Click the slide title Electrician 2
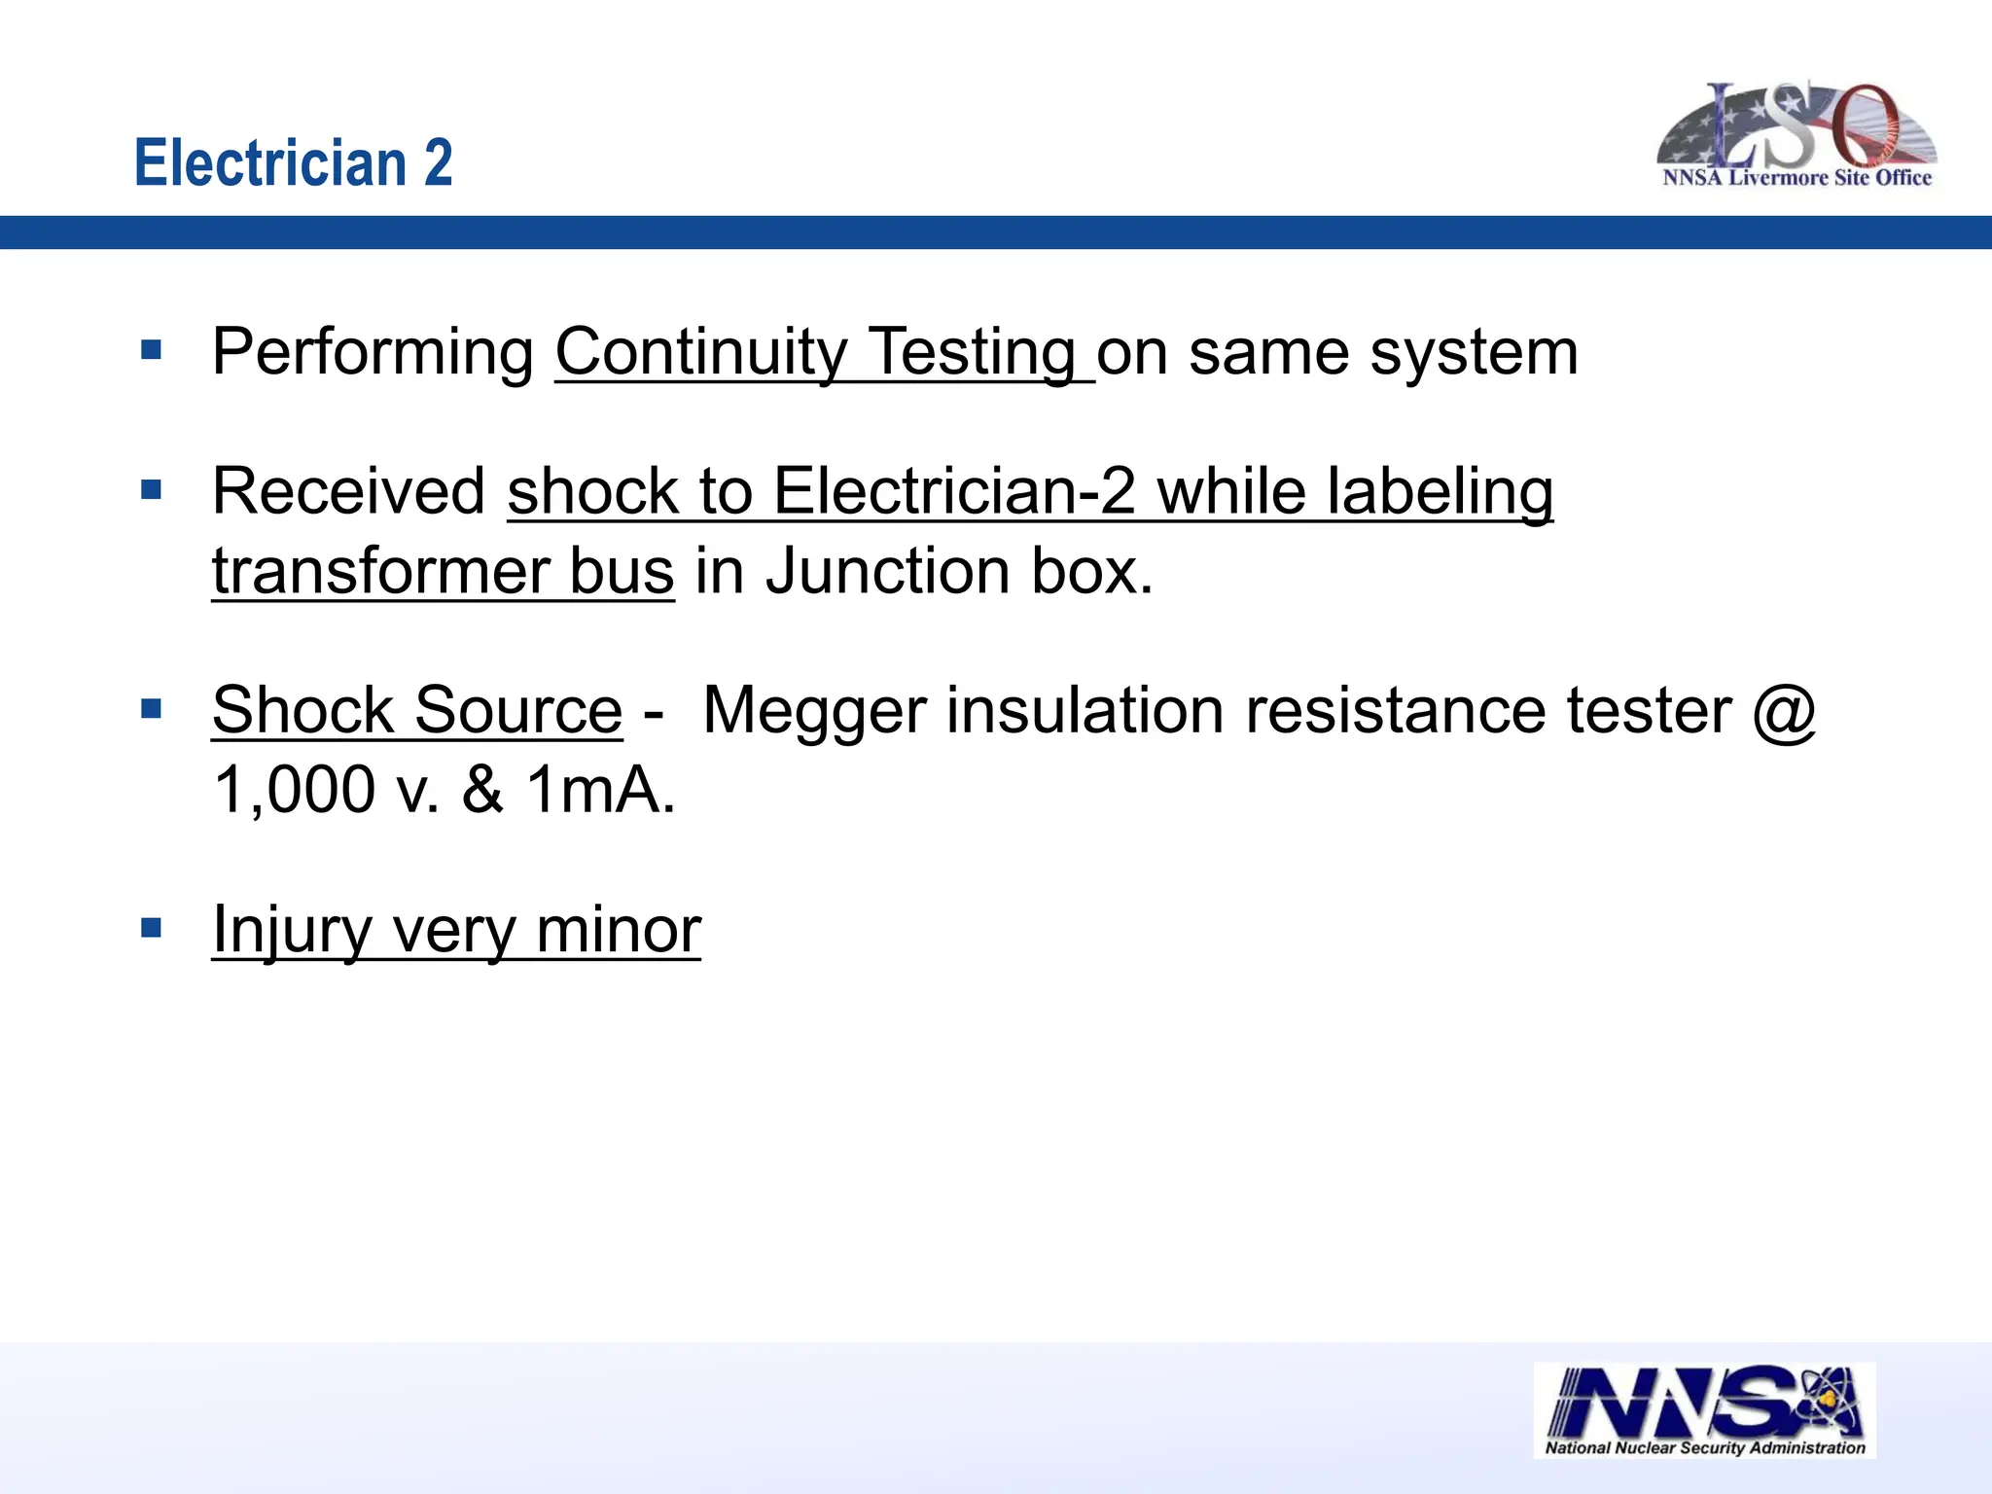(293, 162)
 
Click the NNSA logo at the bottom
(1704, 1409)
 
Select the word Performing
(373, 352)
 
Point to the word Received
(348, 491)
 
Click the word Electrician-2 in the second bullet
(954, 491)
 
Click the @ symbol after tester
(1784, 711)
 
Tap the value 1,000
(294, 790)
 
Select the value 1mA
(599, 790)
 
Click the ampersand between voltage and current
(482, 790)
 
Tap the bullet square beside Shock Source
(151, 708)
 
